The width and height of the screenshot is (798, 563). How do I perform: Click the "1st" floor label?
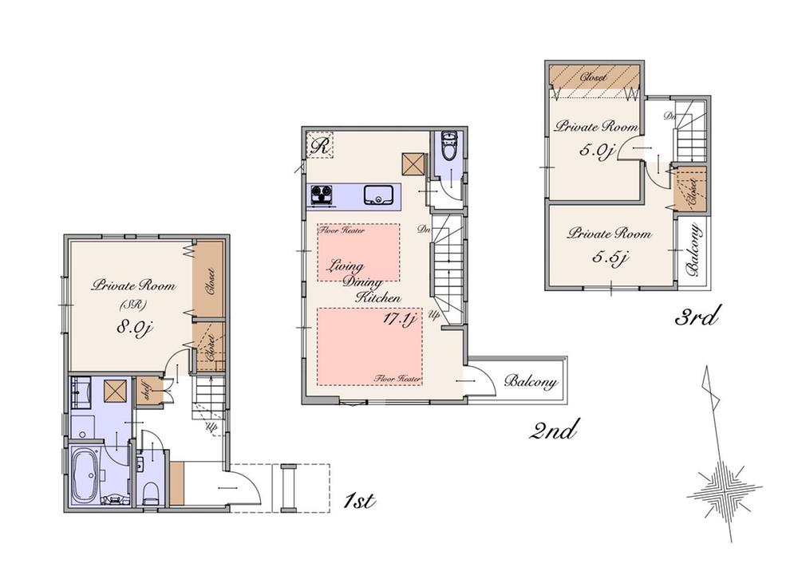point(358,501)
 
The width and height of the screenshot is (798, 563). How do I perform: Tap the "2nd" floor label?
point(552,431)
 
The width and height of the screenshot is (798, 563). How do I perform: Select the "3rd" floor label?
point(697,317)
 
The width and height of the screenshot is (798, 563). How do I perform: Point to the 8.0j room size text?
point(132,328)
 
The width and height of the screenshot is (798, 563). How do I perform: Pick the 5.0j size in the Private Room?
point(596,150)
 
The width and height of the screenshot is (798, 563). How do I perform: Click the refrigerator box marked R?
point(322,145)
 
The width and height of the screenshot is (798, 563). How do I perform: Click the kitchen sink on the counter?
point(377,195)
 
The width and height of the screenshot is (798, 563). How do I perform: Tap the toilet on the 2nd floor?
point(448,147)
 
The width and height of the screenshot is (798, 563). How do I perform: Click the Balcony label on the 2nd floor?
point(530,382)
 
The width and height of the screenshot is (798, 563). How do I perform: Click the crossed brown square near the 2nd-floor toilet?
point(413,163)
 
